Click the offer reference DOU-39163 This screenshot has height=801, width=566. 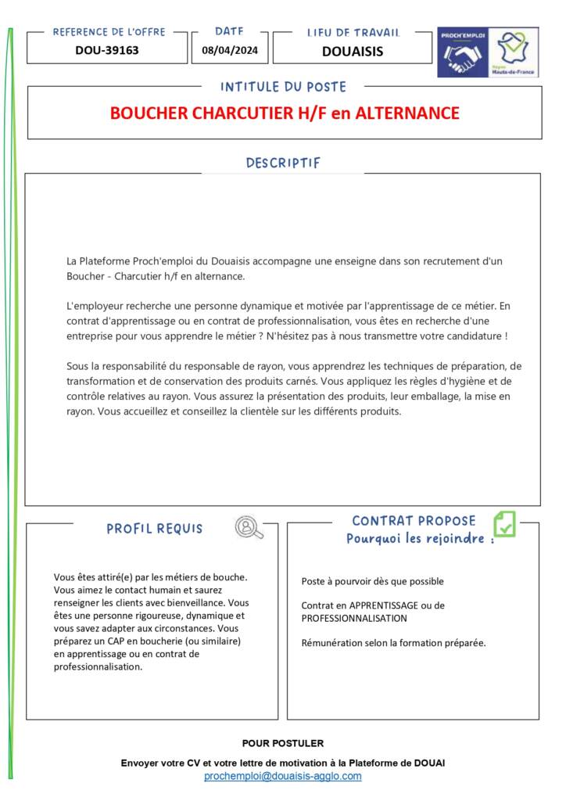(x=107, y=51)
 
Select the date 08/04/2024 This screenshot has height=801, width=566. (x=230, y=51)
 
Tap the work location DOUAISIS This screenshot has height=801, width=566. (x=353, y=52)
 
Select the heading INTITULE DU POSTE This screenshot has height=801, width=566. (x=283, y=87)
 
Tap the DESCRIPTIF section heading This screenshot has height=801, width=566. (x=283, y=163)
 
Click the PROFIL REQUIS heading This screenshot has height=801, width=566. (x=155, y=529)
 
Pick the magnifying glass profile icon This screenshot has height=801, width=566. (x=249, y=528)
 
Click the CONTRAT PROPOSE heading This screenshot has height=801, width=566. (x=414, y=521)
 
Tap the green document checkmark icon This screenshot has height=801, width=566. (x=504, y=523)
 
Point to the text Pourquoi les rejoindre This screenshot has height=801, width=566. (x=420, y=539)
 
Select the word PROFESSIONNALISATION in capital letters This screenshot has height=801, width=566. (x=354, y=618)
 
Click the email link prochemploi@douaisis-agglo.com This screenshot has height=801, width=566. (x=283, y=776)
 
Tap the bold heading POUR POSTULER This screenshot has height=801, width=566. (x=283, y=743)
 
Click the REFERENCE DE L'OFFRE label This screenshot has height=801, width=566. (x=109, y=32)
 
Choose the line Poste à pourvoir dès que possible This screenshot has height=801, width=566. (x=373, y=581)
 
